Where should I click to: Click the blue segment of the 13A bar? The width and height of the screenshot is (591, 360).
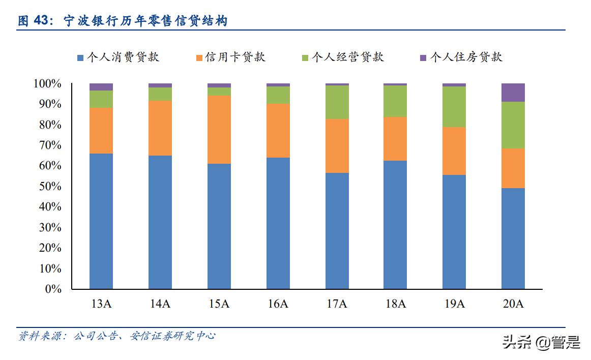[x=101, y=221]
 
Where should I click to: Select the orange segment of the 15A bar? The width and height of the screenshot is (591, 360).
[x=219, y=129]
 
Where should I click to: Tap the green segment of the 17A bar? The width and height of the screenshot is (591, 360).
[x=337, y=102]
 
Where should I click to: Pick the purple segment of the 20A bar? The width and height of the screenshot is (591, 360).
[x=513, y=92]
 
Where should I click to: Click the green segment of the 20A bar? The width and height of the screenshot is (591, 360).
[x=513, y=125]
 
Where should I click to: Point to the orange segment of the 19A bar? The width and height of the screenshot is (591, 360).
[x=454, y=151]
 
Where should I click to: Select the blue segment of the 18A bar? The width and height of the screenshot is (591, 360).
[x=395, y=225]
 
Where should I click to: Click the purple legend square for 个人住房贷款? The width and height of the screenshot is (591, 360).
[x=423, y=57]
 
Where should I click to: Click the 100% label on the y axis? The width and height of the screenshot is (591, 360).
[x=47, y=83]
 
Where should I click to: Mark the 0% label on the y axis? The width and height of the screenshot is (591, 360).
[x=53, y=289]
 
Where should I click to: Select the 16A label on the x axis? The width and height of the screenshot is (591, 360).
[x=278, y=304]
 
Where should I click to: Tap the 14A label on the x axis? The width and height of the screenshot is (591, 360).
[x=160, y=304]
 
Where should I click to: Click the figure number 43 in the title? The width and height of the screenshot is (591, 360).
[x=43, y=21]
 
